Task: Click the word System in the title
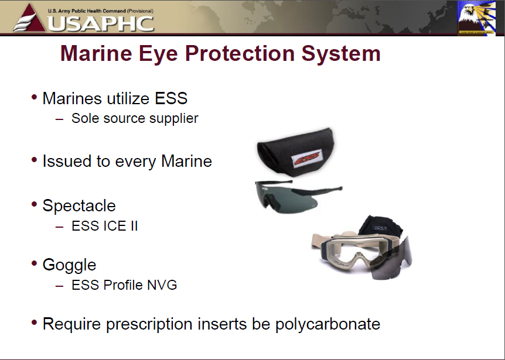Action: [x=341, y=53]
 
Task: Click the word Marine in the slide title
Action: [x=96, y=53]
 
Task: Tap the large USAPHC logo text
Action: [x=101, y=23]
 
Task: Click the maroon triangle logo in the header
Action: [x=29, y=18]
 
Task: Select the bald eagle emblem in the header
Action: [x=476, y=18]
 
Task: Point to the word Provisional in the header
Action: [x=140, y=11]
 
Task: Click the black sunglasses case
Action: [x=296, y=152]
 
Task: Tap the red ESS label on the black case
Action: [x=306, y=157]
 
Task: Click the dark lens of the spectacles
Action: [x=286, y=197]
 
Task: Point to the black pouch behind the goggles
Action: [x=380, y=226]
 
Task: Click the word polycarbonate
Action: [x=327, y=324]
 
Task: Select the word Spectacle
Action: [x=79, y=205]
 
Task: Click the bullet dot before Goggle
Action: [x=35, y=263]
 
